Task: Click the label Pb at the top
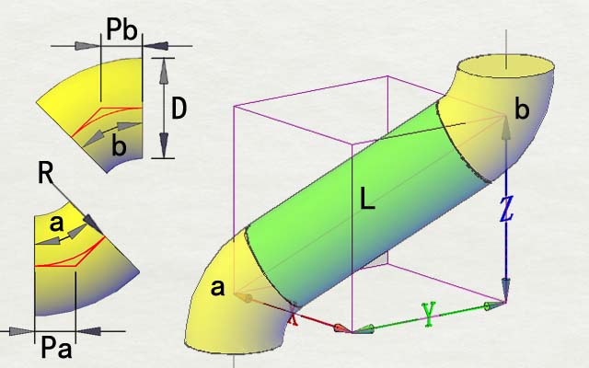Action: [121, 29]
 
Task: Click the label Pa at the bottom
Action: [56, 348]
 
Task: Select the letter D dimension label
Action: [179, 109]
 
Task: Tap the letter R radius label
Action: [45, 174]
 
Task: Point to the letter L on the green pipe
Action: [367, 199]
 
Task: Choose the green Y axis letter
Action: [429, 314]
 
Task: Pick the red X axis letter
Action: [293, 317]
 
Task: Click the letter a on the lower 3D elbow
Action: [217, 288]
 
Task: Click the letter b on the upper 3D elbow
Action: [522, 109]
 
